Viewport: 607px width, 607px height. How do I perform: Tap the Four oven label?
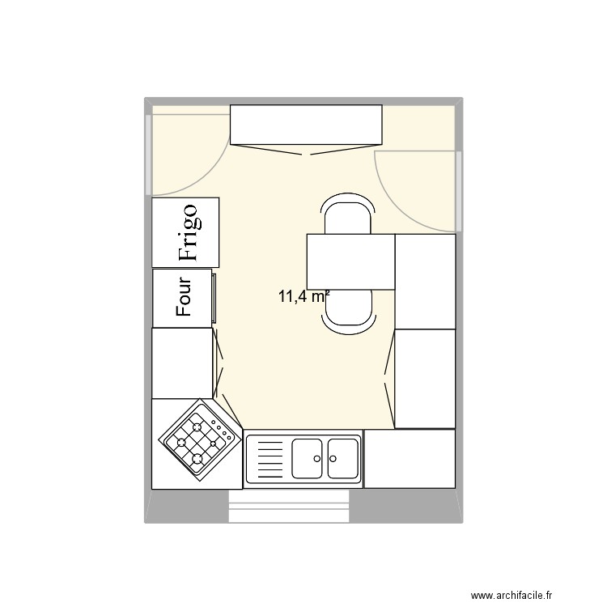pos(183,297)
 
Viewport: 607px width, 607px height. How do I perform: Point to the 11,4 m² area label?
pos(303,296)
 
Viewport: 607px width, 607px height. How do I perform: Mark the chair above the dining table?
pos(348,214)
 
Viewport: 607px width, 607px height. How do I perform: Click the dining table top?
pos(350,261)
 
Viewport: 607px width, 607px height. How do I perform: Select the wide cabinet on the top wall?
pos(306,124)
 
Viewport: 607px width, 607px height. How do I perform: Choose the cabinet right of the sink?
pos(410,458)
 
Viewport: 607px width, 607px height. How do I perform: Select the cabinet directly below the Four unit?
pos(182,363)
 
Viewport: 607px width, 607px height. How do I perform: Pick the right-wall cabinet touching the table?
pos(425,281)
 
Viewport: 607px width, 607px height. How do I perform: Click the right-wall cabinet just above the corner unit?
pos(425,379)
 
